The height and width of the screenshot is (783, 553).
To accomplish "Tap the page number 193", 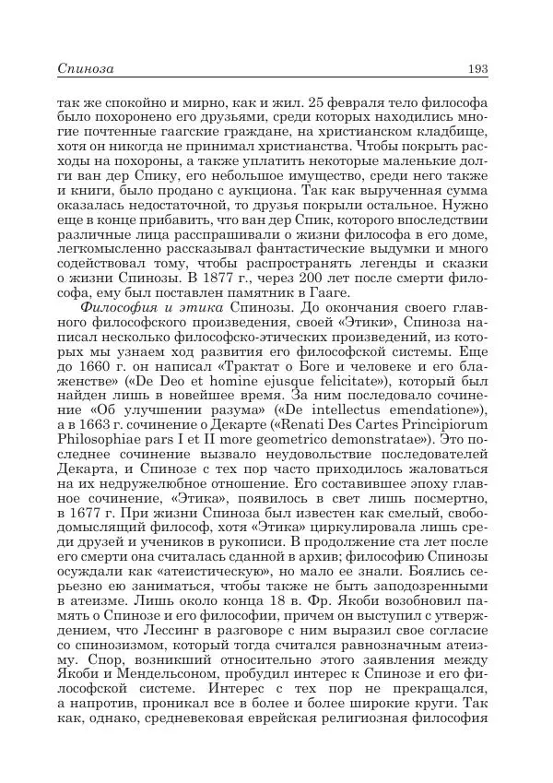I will pos(477,68).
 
